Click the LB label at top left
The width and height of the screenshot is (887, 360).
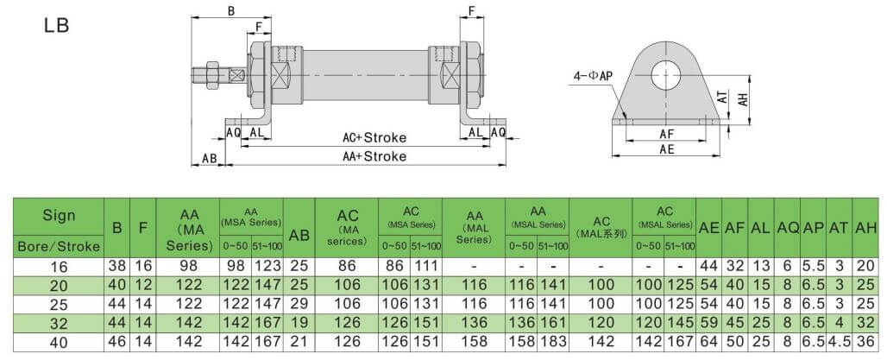click(57, 25)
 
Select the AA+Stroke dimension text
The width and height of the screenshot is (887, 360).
click(374, 156)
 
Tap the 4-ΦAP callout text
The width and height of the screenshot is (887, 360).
click(589, 76)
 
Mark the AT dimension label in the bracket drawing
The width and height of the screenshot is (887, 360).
click(721, 99)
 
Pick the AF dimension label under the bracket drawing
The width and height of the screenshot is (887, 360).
click(667, 134)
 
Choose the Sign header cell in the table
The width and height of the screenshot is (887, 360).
click(59, 215)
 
